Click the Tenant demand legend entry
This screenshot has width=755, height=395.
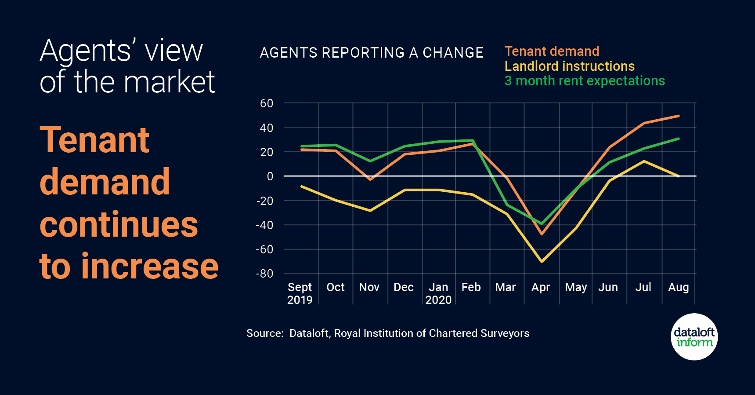click(552, 51)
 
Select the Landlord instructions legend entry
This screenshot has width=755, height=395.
click(569, 66)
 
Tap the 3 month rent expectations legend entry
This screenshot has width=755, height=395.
click(585, 81)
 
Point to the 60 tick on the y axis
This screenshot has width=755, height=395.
click(267, 103)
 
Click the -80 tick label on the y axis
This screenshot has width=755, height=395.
click(264, 274)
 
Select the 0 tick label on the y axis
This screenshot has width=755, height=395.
click(270, 176)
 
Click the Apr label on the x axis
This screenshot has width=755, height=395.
click(540, 287)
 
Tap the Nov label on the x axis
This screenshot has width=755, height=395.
click(369, 287)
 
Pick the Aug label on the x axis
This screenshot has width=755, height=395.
click(678, 287)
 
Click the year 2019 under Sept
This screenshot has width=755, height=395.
click(300, 300)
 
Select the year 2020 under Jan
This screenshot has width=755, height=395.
click(438, 300)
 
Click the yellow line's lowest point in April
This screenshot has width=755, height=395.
click(542, 261)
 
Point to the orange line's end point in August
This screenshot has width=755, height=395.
click(679, 116)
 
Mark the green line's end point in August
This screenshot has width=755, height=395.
click(679, 139)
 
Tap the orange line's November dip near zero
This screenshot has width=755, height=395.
click(370, 179)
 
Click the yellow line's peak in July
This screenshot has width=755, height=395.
click(644, 161)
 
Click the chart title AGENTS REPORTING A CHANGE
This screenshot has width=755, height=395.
click(371, 53)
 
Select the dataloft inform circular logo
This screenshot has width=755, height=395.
click(694, 337)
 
